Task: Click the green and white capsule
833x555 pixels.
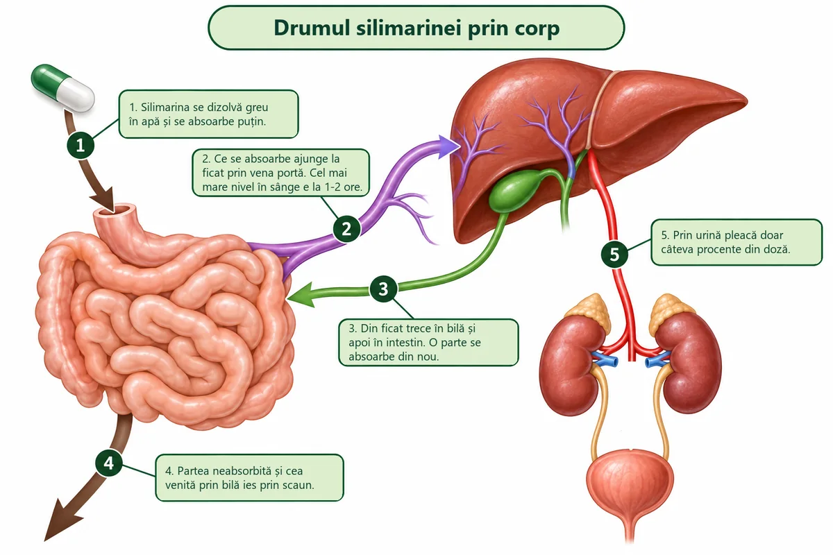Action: (62, 87)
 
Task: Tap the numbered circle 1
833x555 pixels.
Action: (81, 145)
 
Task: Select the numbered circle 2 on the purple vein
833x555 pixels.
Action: (346, 229)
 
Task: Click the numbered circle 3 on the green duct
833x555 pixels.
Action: (383, 289)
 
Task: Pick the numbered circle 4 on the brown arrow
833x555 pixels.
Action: (108, 463)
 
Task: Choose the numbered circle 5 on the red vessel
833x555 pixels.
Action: (614, 255)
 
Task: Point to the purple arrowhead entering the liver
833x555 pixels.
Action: (448, 147)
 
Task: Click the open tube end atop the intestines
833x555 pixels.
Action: (113, 210)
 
